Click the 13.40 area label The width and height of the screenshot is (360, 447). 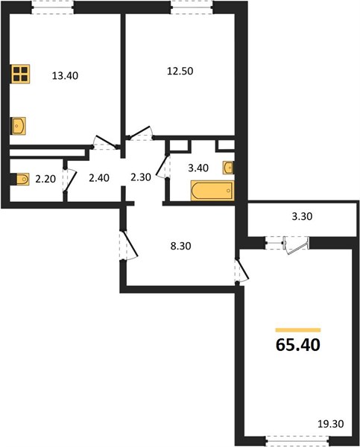(65, 75)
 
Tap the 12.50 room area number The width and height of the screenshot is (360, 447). (180, 71)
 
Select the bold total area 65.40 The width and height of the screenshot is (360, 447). (298, 344)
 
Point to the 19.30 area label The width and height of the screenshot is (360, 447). (331, 424)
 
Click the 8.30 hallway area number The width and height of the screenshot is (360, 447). (180, 246)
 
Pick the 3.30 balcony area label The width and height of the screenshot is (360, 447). (302, 216)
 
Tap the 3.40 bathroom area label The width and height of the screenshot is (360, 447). (198, 168)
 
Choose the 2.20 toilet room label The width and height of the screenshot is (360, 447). (45, 179)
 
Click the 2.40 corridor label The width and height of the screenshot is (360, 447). (99, 178)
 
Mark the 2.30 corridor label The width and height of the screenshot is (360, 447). (141, 177)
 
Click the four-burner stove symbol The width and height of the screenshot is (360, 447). (21, 74)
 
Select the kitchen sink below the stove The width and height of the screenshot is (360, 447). (18, 126)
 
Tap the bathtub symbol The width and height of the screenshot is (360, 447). (212, 190)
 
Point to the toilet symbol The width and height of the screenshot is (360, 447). (20, 179)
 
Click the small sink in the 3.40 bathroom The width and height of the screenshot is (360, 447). (229, 168)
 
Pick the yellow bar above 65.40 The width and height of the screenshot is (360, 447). (298, 330)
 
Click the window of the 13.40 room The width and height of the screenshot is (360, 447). (52, 7)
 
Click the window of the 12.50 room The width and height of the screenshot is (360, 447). (192, 7)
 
